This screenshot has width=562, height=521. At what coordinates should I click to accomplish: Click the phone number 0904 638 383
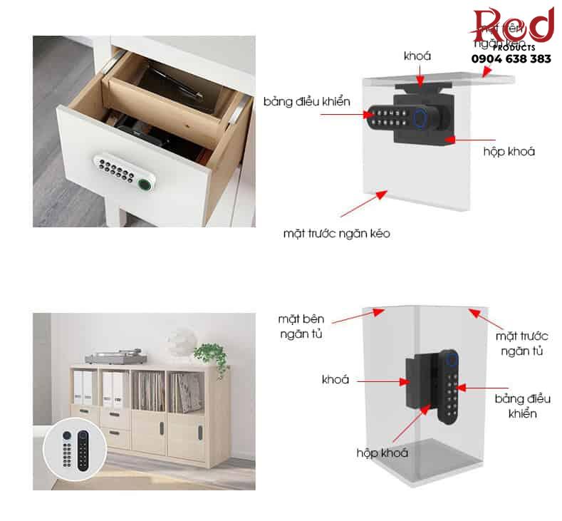[512, 59]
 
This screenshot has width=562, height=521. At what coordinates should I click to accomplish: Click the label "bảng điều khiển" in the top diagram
[307, 102]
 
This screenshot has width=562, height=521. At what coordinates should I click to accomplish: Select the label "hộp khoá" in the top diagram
[509, 151]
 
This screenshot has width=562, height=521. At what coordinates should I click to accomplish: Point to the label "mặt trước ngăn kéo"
[336, 233]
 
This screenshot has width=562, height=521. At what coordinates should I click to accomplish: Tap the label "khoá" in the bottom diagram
[335, 379]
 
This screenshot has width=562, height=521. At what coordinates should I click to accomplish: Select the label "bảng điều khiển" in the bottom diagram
[523, 406]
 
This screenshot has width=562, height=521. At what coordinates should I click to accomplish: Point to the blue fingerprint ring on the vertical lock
[452, 359]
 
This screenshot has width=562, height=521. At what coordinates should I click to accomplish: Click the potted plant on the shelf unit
[210, 354]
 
